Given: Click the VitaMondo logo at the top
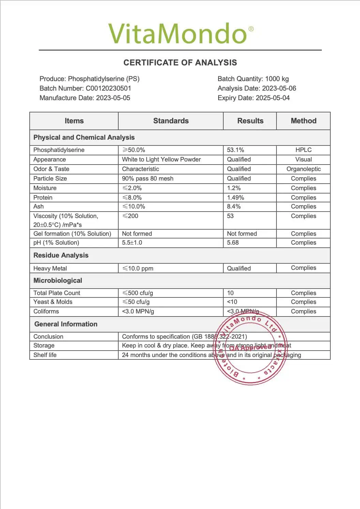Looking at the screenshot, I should pos(181,33).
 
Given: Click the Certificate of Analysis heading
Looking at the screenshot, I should pos(180,63).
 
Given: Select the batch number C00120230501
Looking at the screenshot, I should pos(108,88).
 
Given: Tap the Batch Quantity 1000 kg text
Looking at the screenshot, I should pos(253,79).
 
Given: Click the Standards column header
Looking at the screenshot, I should pos(171,121).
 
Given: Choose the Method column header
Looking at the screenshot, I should pos(303,121).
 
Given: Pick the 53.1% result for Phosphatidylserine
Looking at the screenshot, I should pos(236,150).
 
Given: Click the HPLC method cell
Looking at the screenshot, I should pos(303,150).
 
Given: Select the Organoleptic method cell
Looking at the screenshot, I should pos(303,169).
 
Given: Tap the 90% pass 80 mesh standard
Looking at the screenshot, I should pos(148,179).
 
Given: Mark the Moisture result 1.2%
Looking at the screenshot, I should pos(234,188).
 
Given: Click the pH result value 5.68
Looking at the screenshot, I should pos(233,243).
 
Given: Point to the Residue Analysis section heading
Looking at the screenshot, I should pos(61,256).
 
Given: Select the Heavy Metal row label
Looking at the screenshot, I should pos(50,268).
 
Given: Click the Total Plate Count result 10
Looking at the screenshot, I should pos(230,293).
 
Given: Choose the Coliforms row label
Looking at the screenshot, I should pos(46,311).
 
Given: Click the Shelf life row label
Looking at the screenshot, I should pos(45,355).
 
